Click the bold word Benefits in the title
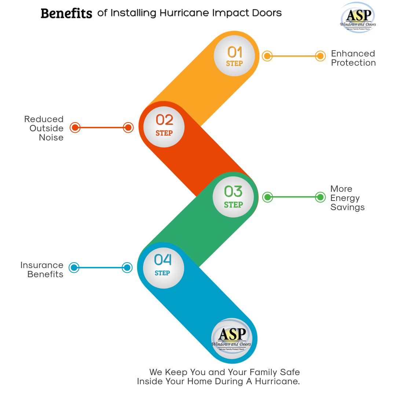pos(66,14)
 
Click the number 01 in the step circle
pos(235,52)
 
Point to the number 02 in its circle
pos(164,120)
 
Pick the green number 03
pos(234,191)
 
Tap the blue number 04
pos(163,260)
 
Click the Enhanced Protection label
pos(353,58)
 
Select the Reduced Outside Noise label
pos(44,128)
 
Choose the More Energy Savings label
pos(347,198)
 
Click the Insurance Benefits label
pos(42,269)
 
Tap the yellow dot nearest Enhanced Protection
pos(320,56)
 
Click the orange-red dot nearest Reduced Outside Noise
pos(75,128)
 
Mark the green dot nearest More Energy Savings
pos(320,197)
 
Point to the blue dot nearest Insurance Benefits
pos(74,268)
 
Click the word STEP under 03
pos(234,205)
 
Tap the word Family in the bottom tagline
pos(260,372)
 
